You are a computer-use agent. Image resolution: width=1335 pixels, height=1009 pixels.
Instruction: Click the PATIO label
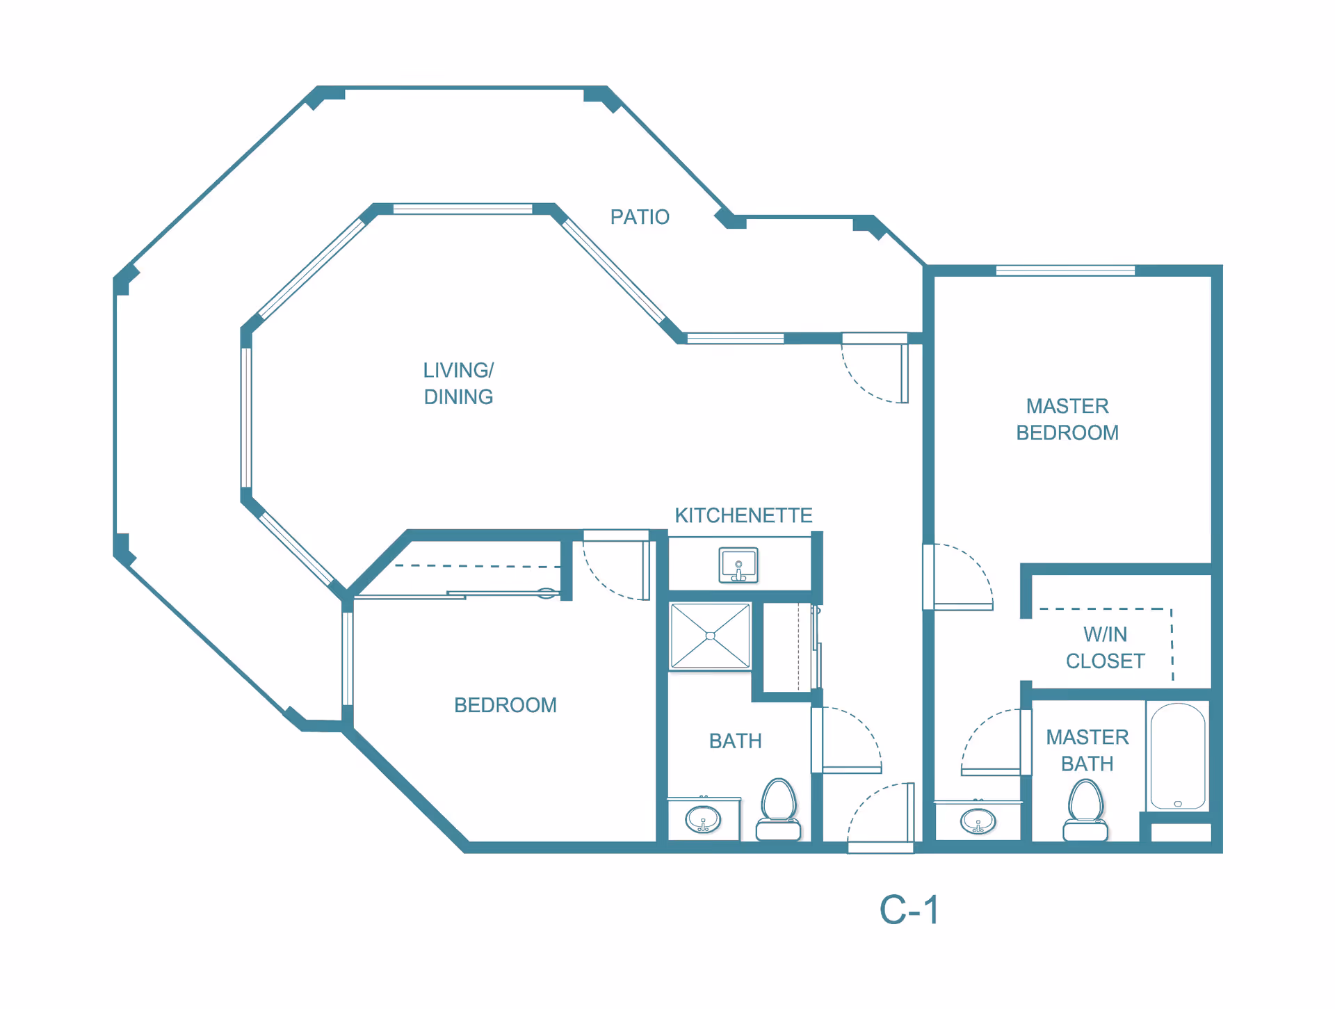point(640,217)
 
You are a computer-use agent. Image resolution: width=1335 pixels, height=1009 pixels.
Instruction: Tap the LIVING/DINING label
point(459,383)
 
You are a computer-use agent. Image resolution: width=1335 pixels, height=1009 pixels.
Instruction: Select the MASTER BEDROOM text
point(1067,419)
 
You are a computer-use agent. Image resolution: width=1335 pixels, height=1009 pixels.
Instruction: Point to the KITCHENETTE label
point(743,515)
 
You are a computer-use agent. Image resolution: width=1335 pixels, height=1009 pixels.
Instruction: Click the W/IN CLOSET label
point(1106,647)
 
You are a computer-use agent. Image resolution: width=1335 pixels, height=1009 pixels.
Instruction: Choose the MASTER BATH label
point(1087,750)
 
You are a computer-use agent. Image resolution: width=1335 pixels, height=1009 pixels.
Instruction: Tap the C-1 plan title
point(909,910)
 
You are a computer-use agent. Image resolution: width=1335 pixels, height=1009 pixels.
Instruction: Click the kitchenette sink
point(738,565)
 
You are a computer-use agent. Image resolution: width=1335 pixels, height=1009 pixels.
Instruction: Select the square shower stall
point(710,636)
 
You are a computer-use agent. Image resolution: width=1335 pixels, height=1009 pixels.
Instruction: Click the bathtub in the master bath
point(1178,756)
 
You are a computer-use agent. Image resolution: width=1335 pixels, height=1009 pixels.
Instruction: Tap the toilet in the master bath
point(1085,810)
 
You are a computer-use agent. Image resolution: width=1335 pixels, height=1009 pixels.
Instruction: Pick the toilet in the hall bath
point(779,809)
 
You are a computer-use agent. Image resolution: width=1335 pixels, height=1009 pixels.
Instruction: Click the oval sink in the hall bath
point(703,819)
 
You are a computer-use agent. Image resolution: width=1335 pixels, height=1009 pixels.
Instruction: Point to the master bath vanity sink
point(978,821)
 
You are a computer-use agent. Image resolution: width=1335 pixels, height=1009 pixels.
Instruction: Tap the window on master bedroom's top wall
point(1065,271)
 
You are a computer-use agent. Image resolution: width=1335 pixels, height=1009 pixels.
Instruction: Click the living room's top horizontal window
point(462,209)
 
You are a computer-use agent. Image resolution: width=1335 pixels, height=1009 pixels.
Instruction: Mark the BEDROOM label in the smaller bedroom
point(505,705)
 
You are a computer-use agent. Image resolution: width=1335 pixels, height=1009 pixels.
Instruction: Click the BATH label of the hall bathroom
point(736,741)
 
